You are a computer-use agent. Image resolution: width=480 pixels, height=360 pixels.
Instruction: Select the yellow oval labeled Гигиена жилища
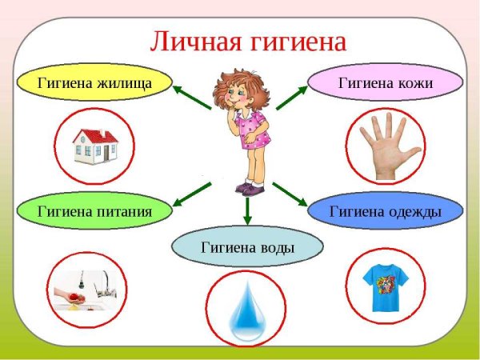[94, 82]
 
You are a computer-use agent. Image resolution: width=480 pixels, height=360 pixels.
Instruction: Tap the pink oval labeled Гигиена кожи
[386, 82]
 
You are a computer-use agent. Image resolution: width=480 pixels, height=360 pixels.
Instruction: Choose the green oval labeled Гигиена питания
[94, 211]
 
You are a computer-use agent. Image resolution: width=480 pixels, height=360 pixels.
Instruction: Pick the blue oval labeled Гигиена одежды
[386, 211]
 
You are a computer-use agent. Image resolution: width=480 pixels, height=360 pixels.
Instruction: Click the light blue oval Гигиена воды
[247, 247]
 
